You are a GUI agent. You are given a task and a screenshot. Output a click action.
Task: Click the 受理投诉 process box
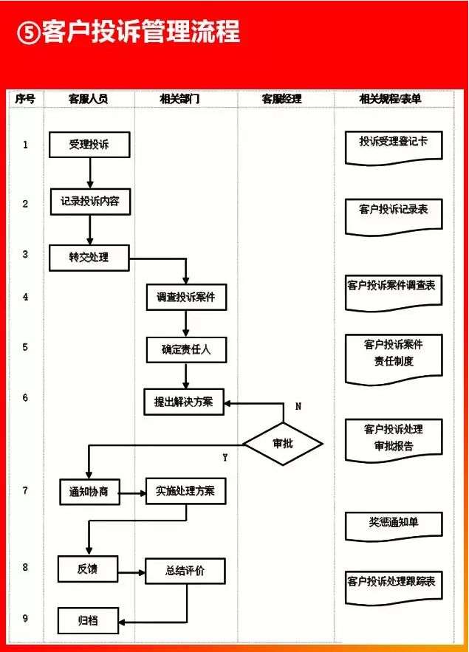(89, 145)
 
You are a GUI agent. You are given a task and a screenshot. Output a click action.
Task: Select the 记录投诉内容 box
(90, 202)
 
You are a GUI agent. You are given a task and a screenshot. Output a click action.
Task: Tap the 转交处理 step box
(89, 258)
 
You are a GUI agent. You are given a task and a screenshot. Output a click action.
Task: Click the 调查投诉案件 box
(186, 297)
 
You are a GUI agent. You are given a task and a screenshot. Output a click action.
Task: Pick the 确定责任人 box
(186, 350)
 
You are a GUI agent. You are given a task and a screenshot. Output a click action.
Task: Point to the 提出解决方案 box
(184, 402)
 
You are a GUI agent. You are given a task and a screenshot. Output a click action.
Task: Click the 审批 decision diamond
(283, 444)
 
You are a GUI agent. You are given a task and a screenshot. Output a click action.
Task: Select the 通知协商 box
(89, 492)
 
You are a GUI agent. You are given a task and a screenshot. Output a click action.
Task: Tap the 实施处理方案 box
(186, 491)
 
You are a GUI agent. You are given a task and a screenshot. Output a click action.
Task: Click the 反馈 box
(88, 569)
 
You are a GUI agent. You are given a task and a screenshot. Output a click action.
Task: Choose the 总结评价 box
(185, 571)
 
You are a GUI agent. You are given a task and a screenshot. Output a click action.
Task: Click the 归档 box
(88, 621)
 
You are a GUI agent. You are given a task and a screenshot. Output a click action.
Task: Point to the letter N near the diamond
(298, 406)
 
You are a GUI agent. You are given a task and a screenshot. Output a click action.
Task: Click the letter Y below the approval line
(225, 457)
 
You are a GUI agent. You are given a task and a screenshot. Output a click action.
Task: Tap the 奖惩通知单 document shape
(394, 526)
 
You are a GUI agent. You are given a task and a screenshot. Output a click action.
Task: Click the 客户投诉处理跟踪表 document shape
(394, 588)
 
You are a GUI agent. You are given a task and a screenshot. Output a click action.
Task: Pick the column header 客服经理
(282, 99)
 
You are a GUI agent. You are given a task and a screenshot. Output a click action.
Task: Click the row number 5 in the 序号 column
(25, 347)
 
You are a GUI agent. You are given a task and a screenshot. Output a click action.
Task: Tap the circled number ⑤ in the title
(29, 32)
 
